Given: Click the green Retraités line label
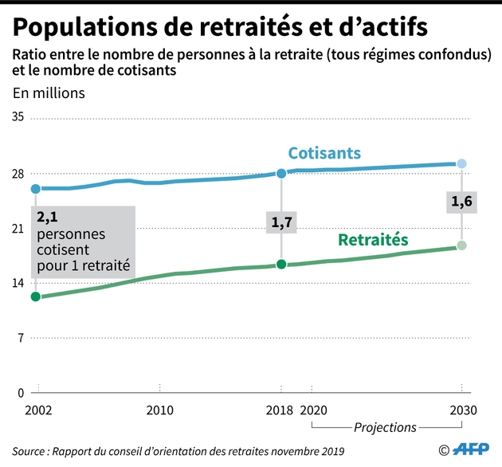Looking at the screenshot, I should (x=373, y=239).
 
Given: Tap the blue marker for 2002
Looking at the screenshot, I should (x=36, y=189).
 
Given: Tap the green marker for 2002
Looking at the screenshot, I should (x=36, y=296).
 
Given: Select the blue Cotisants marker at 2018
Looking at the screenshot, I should (x=281, y=173).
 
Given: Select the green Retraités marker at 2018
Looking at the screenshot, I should (x=281, y=264).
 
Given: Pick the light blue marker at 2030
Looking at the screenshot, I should (x=461, y=164).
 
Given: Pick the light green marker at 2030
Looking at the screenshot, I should (x=461, y=245).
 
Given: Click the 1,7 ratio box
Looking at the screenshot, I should (x=281, y=223).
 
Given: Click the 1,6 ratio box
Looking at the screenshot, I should (x=461, y=203).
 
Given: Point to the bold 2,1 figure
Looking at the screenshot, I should (x=49, y=216).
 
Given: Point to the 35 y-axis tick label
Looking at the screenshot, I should (x=18, y=117).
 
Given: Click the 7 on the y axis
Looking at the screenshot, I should (x=22, y=337).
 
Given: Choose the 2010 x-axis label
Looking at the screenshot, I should (x=159, y=411).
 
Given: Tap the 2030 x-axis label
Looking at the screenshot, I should (x=461, y=411).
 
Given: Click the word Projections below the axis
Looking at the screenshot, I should (x=385, y=428).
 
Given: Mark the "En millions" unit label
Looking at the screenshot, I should (x=48, y=92).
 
